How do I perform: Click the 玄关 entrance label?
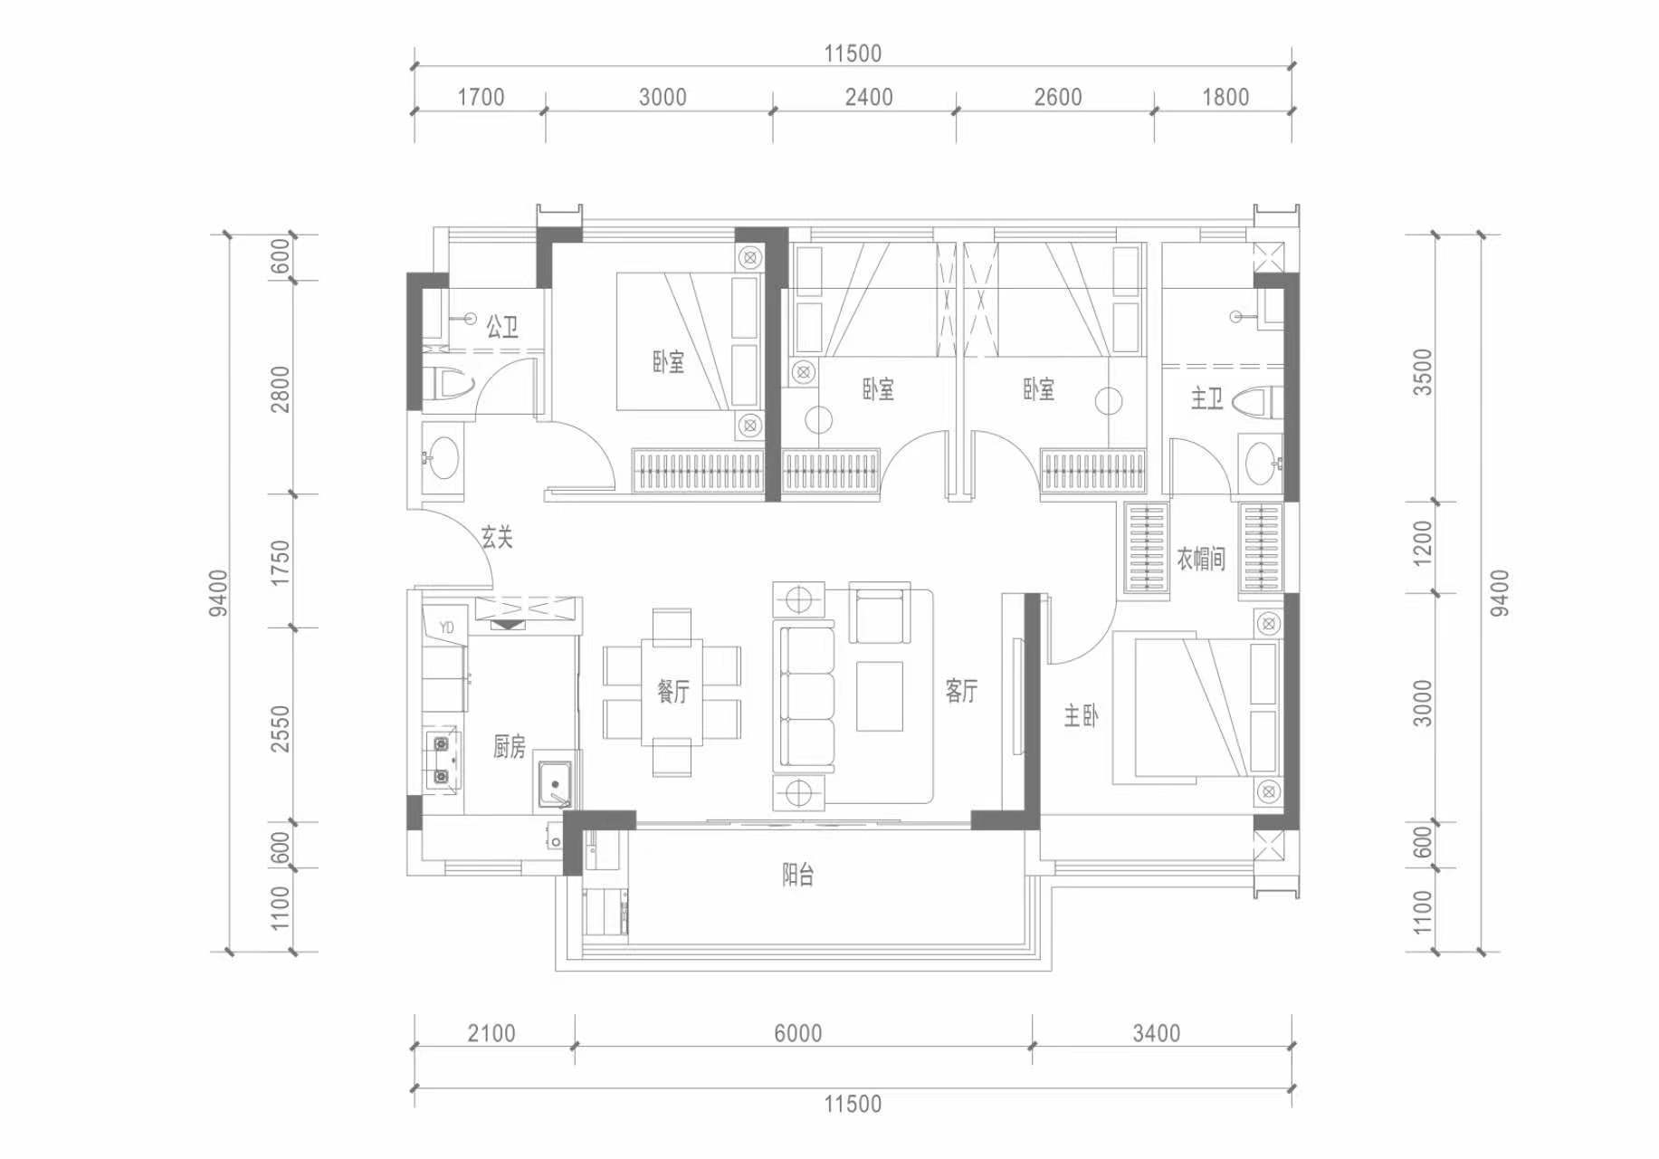497,538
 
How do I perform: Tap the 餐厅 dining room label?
672,692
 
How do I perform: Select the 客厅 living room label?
961,691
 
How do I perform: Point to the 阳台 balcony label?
797,875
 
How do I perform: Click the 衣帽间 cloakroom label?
1201,558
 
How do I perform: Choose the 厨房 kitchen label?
509,746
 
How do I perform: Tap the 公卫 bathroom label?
502,326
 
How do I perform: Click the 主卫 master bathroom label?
1206,398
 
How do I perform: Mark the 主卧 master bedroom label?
1081,716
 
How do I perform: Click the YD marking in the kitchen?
446,627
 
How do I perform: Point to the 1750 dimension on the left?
281,561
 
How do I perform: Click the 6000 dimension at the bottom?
797,1033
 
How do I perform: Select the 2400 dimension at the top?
869,97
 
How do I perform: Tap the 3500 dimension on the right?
1423,372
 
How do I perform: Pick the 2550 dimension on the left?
281,728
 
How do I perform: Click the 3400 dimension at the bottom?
1156,1033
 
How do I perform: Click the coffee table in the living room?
879,695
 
